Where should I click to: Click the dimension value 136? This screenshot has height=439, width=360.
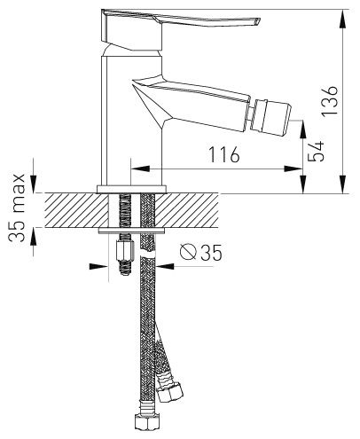tap(330, 101)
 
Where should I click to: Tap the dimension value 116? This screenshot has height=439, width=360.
tap(223, 154)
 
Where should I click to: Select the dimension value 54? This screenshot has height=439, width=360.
tap(316, 151)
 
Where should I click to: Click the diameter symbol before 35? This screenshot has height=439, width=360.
tap(188, 252)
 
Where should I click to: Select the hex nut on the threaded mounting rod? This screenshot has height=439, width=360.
tap(124, 250)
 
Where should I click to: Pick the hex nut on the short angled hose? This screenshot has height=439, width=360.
tap(169, 392)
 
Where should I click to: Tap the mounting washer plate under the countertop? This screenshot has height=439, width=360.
tap(131, 231)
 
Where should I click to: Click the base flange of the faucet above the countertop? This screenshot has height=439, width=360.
tap(132, 189)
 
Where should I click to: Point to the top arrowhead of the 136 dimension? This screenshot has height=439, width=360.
tap(342, 20)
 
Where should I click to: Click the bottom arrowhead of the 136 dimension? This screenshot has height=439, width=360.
tap(342, 184)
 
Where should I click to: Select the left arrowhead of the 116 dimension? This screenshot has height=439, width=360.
tap(140, 169)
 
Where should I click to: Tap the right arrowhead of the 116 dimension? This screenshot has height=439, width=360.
tap(293, 169)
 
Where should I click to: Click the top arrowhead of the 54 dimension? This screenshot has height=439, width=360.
tap(303, 129)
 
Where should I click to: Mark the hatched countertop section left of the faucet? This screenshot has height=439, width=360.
tap(76, 210)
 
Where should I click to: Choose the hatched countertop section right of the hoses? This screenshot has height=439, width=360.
tap(187, 210)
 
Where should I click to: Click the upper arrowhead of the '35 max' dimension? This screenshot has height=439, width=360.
tap(33, 184)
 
